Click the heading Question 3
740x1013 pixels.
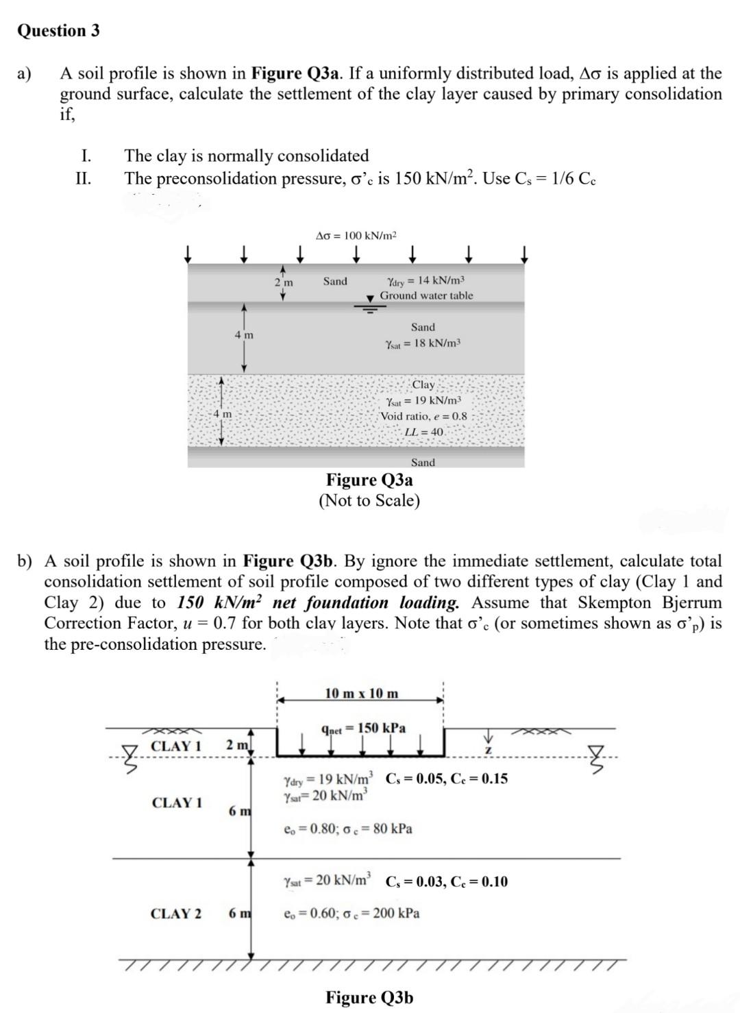coord(58,31)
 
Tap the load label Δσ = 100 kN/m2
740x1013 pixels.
coord(356,236)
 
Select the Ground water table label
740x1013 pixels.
coord(426,295)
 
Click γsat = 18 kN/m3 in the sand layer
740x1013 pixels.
coord(423,343)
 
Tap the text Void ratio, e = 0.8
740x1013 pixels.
coord(423,416)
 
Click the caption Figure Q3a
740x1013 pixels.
coord(369,480)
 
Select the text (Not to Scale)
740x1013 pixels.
coord(369,500)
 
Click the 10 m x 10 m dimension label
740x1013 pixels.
coord(361,693)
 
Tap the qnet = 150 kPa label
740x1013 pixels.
coord(363,728)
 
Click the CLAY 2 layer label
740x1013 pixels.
coord(176,913)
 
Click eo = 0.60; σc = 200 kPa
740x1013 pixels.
coord(351,913)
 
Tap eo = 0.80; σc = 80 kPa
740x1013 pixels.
coord(348,829)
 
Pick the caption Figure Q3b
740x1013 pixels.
coord(369,997)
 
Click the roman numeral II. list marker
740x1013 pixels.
coord(83,179)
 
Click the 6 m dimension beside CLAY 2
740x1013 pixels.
coord(239,913)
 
